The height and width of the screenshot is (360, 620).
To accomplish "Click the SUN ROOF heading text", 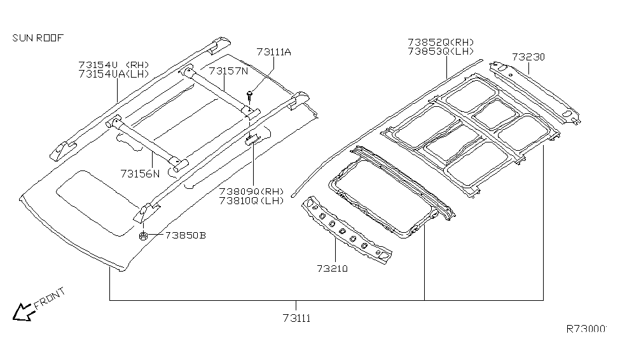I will (x=38, y=38).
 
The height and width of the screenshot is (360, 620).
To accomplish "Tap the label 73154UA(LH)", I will (x=113, y=74).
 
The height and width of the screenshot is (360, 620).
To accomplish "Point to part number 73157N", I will (x=228, y=71).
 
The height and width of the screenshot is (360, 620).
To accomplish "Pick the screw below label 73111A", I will (x=250, y=95).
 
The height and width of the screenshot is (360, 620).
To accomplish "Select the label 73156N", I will (x=140, y=172).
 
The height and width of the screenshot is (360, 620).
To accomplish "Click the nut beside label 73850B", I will (x=144, y=236).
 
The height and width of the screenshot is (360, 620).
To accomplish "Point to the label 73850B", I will (x=185, y=235).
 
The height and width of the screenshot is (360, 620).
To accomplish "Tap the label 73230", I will (x=527, y=57).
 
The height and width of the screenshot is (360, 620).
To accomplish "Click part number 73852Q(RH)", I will (x=441, y=42).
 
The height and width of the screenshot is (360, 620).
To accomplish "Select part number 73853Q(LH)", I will (x=441, y=51).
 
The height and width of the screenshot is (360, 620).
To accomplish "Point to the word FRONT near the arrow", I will (x=50, y=298).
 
